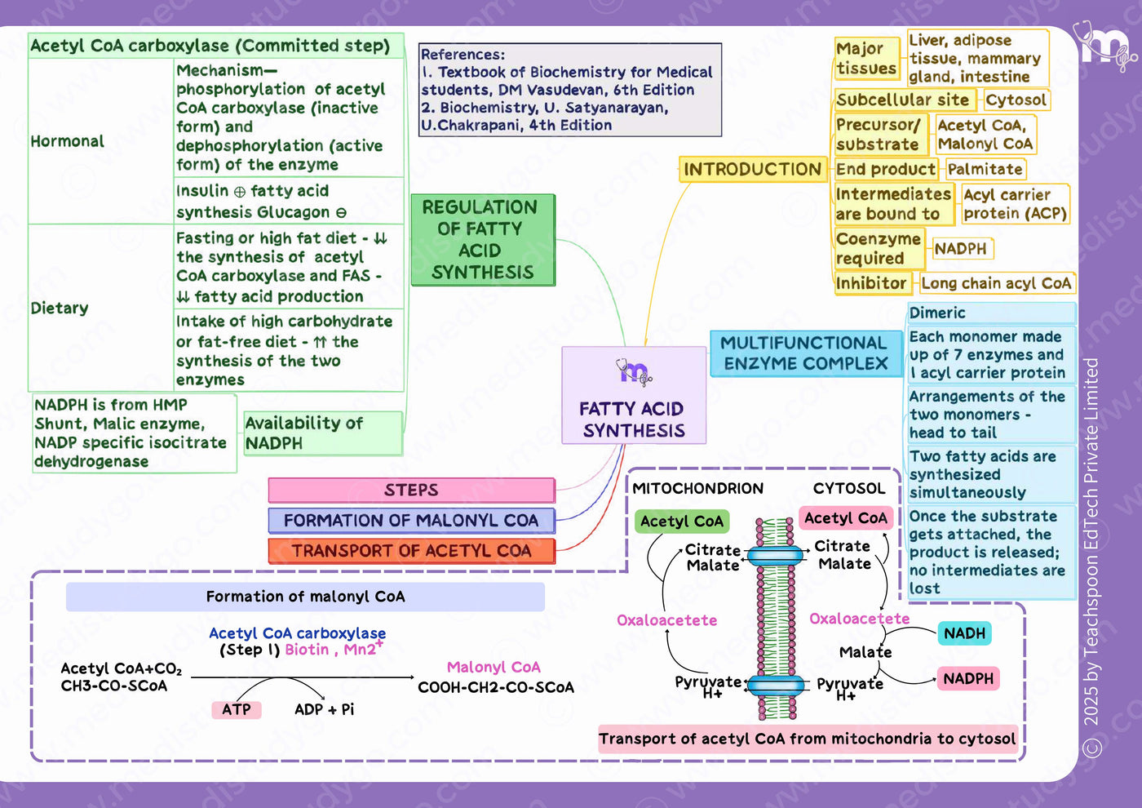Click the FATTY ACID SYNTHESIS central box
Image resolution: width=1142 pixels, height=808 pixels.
tap(634, 395)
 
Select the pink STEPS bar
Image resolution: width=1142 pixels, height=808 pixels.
tap(411, 491)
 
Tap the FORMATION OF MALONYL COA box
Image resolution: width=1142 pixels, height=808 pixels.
tap(411, 521)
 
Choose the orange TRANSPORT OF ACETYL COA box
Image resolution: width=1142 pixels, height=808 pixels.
tap(411, 551)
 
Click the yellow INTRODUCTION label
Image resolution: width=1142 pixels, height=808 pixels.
tap(752, 170)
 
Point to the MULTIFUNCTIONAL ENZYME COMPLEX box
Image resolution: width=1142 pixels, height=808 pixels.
tap(806, 353)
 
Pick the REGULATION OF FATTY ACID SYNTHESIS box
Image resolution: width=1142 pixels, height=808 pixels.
tap(483, 240)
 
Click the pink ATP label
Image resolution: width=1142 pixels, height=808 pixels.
tap(237, 709)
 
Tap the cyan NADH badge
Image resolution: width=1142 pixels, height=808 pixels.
tap(964, 633)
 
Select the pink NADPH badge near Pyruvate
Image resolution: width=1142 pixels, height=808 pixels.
tap(968, 679)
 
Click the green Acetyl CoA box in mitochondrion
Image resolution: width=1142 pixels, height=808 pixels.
tap(682, 522)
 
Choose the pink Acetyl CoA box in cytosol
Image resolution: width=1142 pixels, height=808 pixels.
tap(847, 518)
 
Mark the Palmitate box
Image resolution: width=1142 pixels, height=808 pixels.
tap(985, 169)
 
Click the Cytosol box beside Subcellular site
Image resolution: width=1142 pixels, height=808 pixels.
tap(1016, 100)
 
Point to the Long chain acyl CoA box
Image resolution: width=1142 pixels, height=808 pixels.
tap(997, 284)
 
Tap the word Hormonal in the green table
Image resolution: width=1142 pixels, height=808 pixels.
tap(67, 141)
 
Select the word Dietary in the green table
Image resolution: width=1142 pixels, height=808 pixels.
tap(60, 309)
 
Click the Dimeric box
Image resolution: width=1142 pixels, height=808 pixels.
tap(992, 313)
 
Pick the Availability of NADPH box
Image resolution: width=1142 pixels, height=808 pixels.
tap(323, 433)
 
